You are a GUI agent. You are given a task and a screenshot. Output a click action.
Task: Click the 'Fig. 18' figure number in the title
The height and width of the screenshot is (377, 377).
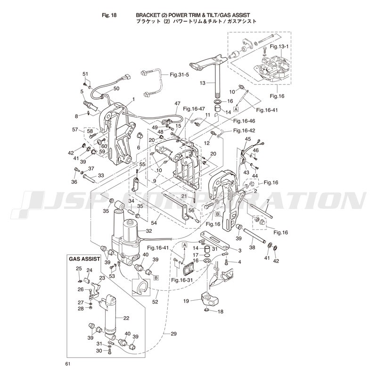[x=109, y=16]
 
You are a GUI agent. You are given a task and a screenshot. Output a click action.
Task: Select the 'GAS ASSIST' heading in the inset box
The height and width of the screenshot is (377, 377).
[x=84, y=259]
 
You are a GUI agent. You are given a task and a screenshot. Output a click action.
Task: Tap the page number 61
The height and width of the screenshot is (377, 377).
[x=67, y=364]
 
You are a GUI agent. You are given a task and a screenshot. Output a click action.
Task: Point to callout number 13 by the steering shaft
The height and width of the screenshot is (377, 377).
[x=203, y=83]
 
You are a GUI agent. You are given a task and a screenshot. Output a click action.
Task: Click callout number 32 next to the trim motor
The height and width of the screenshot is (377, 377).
[x=149, y=231]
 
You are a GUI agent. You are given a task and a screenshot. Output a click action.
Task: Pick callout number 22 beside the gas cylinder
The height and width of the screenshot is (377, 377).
[x=126, y=318]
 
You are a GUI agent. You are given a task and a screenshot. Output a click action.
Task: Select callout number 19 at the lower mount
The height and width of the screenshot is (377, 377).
[x=186, y=301]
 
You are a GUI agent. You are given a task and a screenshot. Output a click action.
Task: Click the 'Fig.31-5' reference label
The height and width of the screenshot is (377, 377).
[x=180, y=75]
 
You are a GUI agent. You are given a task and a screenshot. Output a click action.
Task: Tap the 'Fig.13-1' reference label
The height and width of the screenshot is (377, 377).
[x=279, y=47]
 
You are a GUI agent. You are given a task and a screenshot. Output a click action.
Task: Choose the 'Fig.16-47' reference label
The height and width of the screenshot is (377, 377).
[x=194, y=109]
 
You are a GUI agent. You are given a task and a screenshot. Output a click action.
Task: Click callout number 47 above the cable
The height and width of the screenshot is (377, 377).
[x=178, y=104]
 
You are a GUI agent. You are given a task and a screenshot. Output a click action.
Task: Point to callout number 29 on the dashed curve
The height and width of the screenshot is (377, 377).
[x=173, y=334]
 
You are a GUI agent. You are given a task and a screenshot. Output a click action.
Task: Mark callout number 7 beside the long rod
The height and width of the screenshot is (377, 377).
[x=268, y=201]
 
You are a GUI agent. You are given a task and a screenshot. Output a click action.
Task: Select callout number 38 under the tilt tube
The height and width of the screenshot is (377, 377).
[x=252, y=247]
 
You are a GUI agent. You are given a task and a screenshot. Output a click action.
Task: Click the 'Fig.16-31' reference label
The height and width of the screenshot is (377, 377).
[x=182, y=280]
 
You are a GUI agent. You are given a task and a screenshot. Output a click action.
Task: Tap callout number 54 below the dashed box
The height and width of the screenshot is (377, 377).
[x=154, y=223]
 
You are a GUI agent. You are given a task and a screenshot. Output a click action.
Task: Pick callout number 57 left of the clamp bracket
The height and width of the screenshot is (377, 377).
[x=75, y=130]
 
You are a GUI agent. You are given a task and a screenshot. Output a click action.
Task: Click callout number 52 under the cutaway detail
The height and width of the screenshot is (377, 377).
[x=155, y=302]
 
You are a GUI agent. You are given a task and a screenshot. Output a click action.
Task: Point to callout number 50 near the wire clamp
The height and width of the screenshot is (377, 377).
[x=116, y=89]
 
